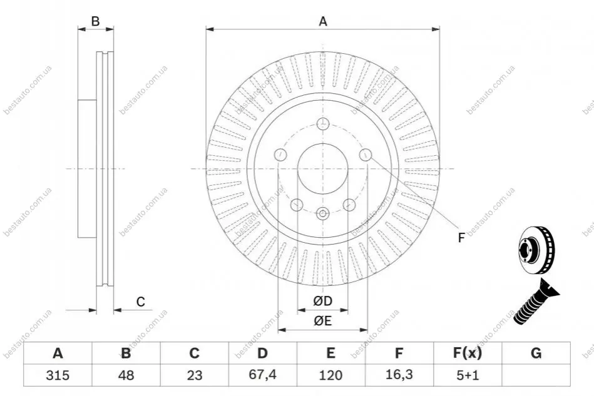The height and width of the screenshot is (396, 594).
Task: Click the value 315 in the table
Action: pos(58,375)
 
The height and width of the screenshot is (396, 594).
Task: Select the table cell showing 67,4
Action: pos(262,375)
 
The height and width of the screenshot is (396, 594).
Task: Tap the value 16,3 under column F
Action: pos(399,375)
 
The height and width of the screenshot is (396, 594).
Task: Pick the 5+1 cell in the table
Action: pos(468,375)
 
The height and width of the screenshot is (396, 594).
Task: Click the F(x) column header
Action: pos(468,353)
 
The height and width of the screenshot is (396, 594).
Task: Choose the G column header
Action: pos(536,353)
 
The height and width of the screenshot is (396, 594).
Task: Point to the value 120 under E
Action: pos(330,375)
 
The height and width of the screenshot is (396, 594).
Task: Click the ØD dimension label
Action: pos(323,301)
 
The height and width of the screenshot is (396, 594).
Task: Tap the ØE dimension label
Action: pos(323,321)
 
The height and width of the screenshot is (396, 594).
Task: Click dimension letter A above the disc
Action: pos(323,21)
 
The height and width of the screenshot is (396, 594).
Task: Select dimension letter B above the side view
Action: pos(96,21)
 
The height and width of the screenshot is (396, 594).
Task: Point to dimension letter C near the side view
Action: pos(141,302)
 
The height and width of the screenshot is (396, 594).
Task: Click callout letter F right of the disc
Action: pos(461,238)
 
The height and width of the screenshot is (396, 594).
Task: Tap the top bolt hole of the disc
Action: pos(323,123)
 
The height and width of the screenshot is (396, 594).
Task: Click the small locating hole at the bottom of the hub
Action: pos(322,214)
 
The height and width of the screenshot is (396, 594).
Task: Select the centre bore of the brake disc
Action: pos(323,168)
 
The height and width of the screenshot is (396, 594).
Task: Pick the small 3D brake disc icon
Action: pos(536,251)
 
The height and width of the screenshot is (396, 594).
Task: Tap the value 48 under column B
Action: pos(126,375)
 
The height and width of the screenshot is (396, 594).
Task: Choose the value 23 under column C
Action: pos(194,375)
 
